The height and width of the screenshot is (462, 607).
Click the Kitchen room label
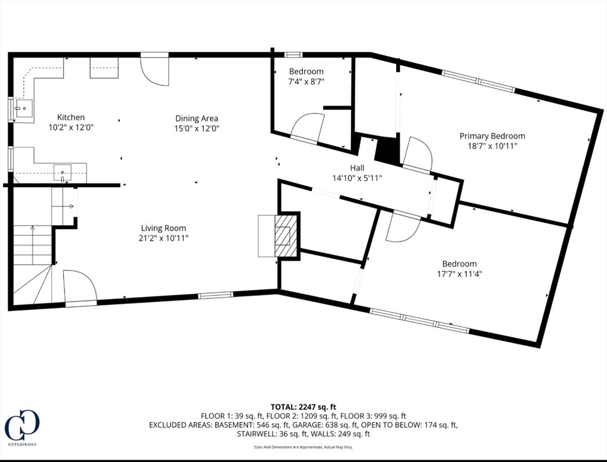coord(71,117)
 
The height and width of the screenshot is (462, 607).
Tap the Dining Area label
coord(197,119)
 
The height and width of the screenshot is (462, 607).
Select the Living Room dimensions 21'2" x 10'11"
coord(163,238)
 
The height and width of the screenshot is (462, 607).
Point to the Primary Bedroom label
coord(492,136)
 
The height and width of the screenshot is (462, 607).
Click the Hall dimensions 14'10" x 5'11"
coord(357,178)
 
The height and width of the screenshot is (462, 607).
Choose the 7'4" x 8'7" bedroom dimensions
coord(307,81)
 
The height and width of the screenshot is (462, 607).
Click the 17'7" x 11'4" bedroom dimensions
coord(459,274)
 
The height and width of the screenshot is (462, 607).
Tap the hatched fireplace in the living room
coord(285,236)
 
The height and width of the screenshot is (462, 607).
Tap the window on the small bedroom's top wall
coord(293,55)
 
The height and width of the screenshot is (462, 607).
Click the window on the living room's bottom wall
coord(216,295)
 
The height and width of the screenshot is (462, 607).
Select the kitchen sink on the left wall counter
coord(23,107)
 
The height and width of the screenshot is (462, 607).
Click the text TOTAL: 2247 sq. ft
coord(303,407)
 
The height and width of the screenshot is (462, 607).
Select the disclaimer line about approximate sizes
coord(303,447)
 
